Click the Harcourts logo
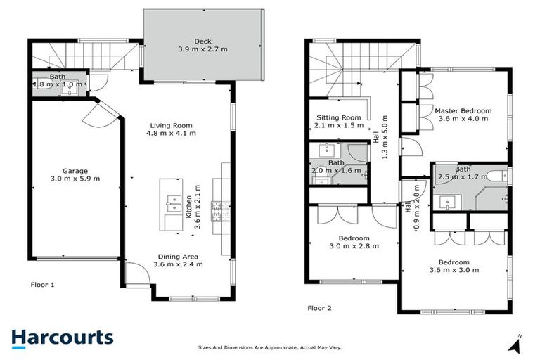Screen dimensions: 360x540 click(62, 337)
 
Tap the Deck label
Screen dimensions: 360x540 click(204, 41)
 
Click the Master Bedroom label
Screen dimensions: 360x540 click(462, 111)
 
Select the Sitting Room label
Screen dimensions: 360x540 click(338, 117)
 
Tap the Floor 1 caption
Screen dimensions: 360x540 click(42, 285)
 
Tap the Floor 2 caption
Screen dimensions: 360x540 click(320, 307)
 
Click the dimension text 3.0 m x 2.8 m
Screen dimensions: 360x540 click(354, 246)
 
